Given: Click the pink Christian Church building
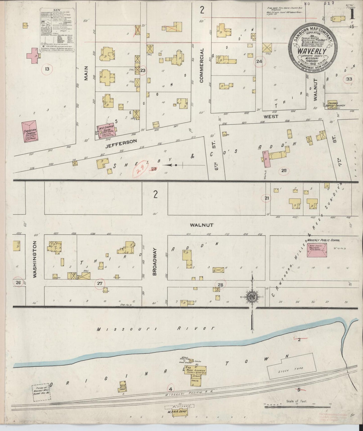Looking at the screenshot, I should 29,132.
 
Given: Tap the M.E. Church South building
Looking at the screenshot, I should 107,131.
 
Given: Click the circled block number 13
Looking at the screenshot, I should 47,69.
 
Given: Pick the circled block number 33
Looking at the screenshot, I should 349,79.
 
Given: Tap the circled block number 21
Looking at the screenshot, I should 267,198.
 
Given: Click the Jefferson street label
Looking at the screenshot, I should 121,142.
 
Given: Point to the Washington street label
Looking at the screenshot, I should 35,259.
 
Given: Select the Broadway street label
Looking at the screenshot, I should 154,262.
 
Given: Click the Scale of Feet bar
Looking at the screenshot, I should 297,405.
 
